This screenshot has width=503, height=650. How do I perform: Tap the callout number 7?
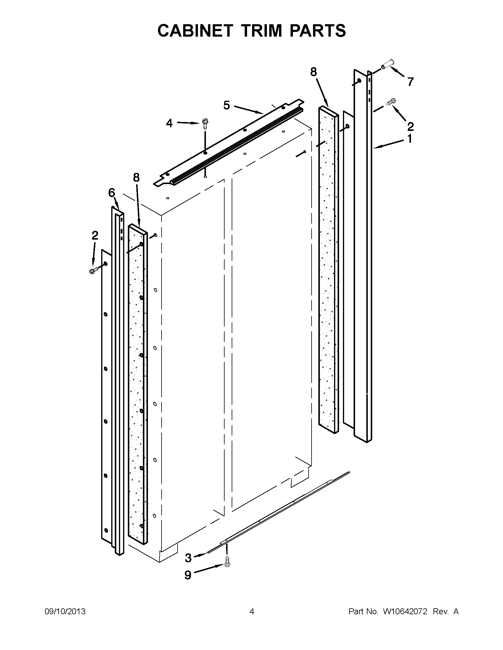(411, 82)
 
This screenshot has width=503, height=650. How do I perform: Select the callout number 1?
(410, 138)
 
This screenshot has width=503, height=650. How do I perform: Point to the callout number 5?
(226, 105)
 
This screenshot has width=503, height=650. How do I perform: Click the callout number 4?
(169, 123)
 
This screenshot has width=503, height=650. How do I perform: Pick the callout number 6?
(112, 193)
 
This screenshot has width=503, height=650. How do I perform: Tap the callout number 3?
(188, 558)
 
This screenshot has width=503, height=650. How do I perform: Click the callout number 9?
(188, 575)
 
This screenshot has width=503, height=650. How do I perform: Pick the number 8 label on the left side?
(136, 177)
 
